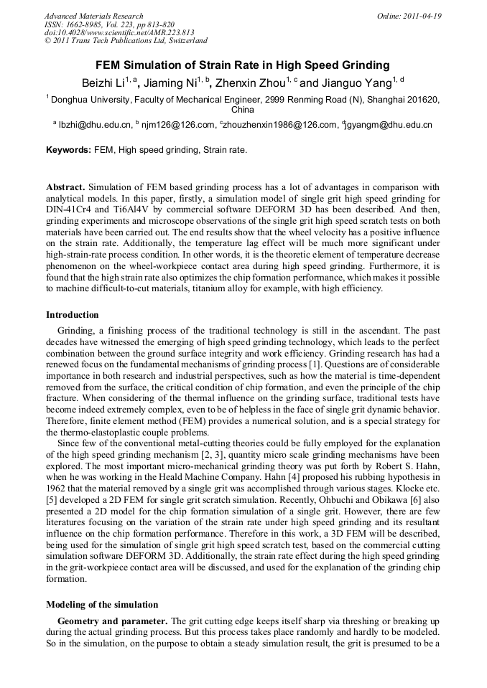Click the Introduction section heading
tap(73, 314)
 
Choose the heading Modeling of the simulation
tap(102, 604)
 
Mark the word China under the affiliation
tap(243, 110)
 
